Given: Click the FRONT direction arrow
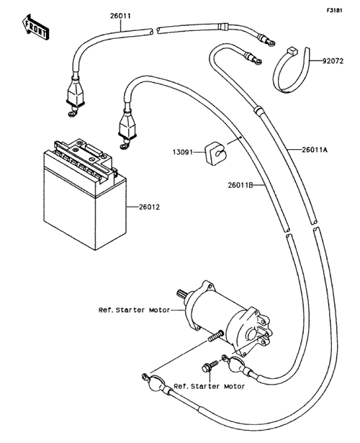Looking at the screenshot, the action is (x=35, y=27).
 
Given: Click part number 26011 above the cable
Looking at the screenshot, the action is (x=120, y=16).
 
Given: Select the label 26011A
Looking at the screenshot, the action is (x=315, y=150).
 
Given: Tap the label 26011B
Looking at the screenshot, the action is (x=240, y=185).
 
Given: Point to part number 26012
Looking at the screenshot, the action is (x=149, y=207).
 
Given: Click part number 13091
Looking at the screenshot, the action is (x=183, y=152).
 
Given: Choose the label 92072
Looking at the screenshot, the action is (x=333, y=61).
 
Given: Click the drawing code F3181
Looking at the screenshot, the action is (x=335, y=10).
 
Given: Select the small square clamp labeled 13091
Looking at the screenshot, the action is (x=215, y=153).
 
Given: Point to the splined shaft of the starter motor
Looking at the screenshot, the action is (x=183, y=295).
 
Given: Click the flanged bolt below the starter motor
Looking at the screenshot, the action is (x=210, y=366).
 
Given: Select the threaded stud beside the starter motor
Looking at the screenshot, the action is (x=216, y=335).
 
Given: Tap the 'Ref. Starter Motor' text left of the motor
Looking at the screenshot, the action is (x=134, y=310).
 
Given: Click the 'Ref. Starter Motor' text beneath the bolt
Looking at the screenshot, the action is (x=210, y=386).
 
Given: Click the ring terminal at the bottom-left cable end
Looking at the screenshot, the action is (x=145, y=377).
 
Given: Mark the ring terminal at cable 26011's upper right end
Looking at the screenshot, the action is (x=270, y=43).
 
